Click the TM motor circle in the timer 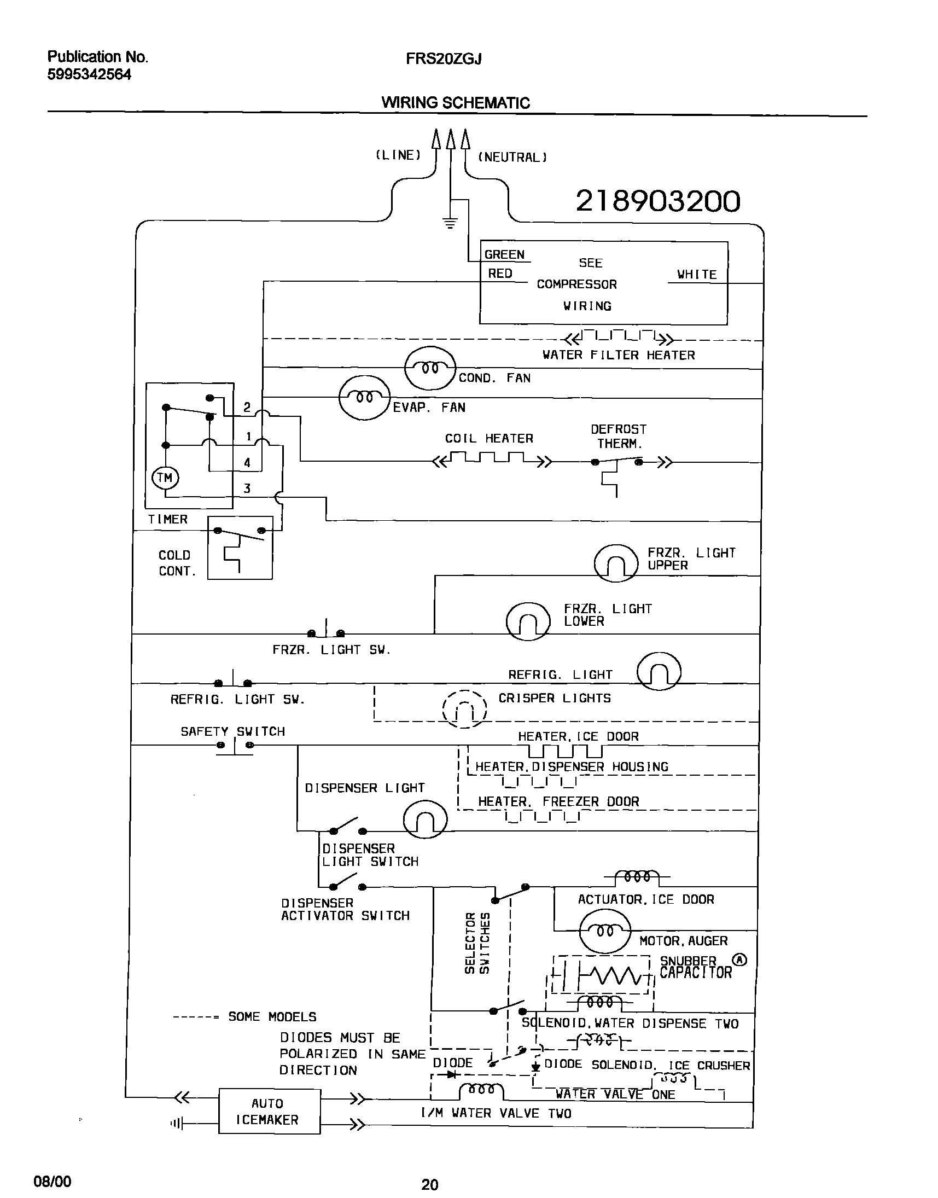pos(165,478)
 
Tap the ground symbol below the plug pos(450,223)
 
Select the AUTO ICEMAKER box pos(269,1111)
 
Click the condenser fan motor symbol pos(430,368)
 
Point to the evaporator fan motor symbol pos(365,398)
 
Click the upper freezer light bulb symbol pos(616,563)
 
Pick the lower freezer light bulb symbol pos(528,621)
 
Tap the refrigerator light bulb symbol pos(659,671)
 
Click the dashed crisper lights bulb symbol pos(464,708)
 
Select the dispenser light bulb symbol pos(425,820)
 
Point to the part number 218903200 pos(657,201)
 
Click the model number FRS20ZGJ pos(443,59)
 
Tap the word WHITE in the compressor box pos(696,274)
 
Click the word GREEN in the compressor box pos(504,254)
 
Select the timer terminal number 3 pos(247,488)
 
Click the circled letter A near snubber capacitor pos(741,959)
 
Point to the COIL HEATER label pos(489,438)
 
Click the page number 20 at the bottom pos(429,1184)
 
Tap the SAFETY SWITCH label pos(233,731)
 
